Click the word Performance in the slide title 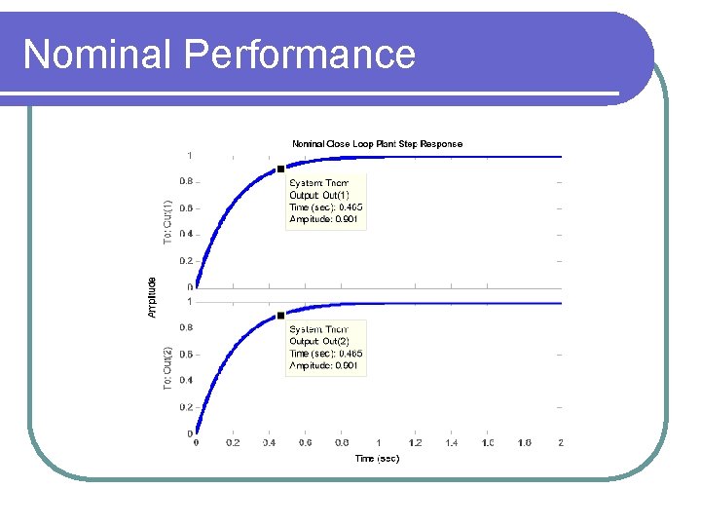click(x=299, y=55)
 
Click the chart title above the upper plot click(x=378, y=144)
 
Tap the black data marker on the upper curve click(x=281, y=169)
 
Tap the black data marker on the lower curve click(x=281, y=316)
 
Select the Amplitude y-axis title click(x=152, y=297)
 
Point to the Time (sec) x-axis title click(x=377, y=458)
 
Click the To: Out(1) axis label click(x=167, y=221)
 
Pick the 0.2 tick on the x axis click(x=233, y=443)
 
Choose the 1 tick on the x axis click(x=379, y=443)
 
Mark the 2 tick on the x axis click(x=561, y=443)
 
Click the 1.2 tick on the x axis click(x=415, y=443)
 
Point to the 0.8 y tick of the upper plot click(x=185, y=181)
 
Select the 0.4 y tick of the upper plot click(x=185, y=234)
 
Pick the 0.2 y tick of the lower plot click(x=185, y=407)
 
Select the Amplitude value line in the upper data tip click(x=324, y=219)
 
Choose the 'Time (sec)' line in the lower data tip click(x=325, y=354)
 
